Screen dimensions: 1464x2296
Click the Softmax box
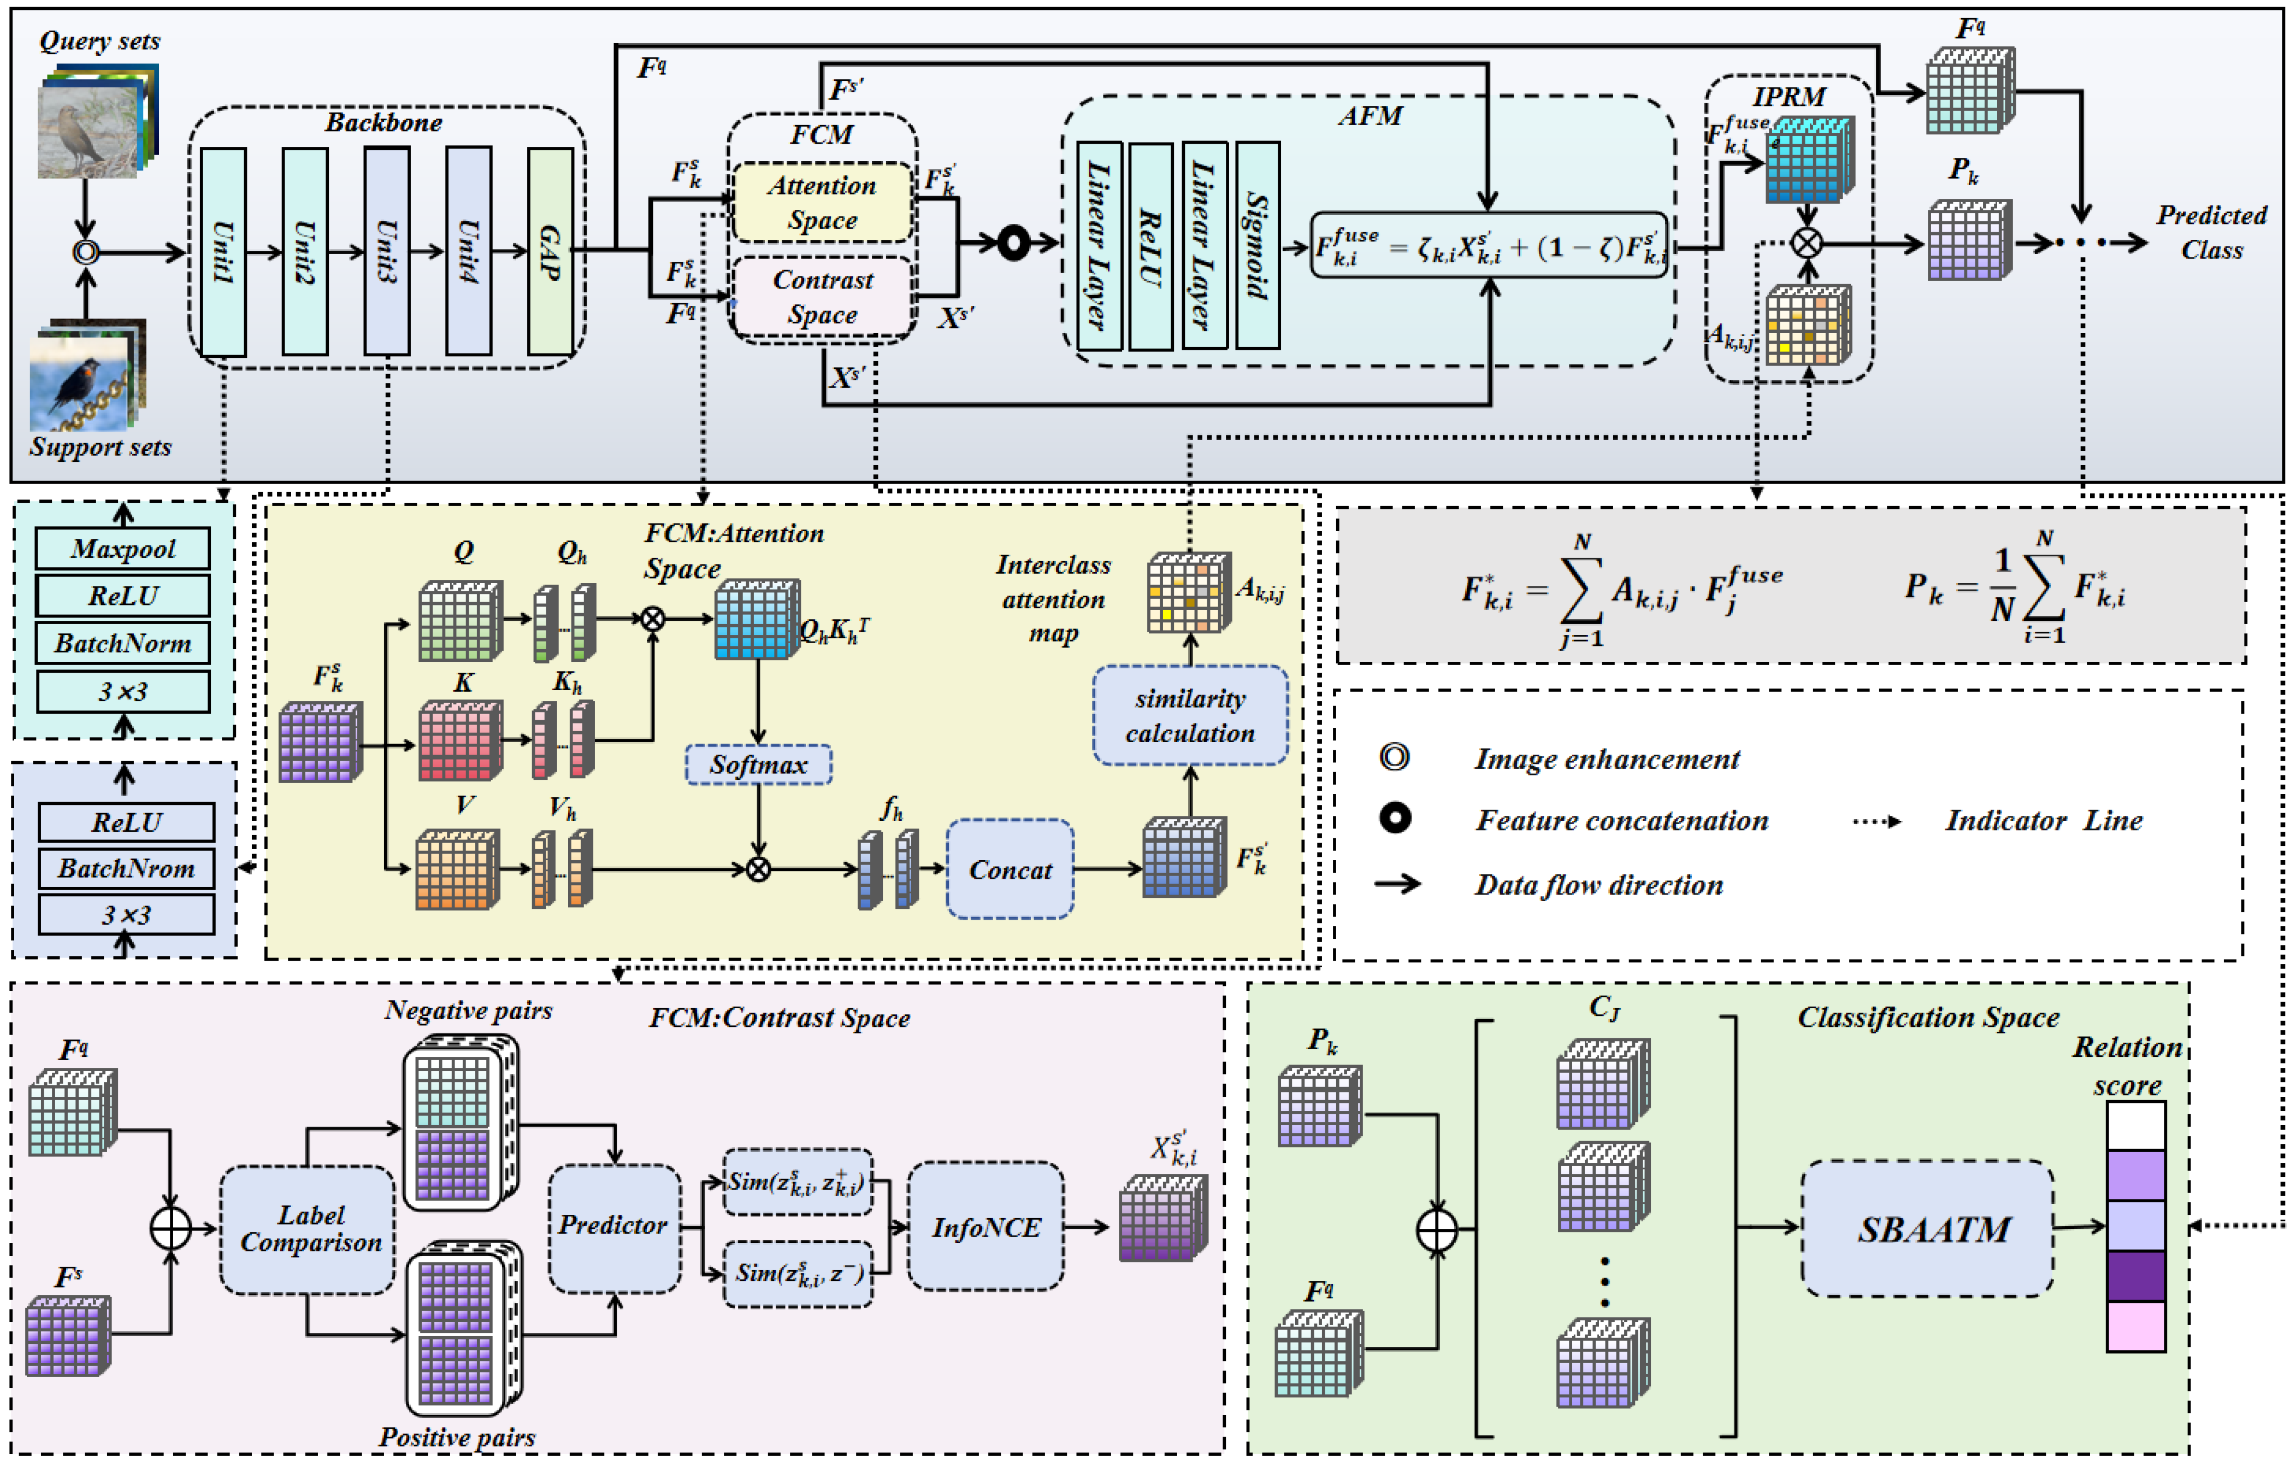tap(758, 765)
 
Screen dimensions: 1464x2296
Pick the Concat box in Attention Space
tap(1010, 869)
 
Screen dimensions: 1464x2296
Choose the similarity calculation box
tap(1190, 715)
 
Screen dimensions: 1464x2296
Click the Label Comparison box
tap(308, 1228)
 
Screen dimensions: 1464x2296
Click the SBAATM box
tap(1927, 1228)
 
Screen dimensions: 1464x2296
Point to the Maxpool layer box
tap(123, 549)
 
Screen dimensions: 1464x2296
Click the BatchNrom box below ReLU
tap(126, 868)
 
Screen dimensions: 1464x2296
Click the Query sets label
tap(99, 41)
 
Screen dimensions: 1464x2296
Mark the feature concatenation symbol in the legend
tap(1395, 818)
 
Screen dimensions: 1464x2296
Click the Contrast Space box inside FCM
tap(822, 297)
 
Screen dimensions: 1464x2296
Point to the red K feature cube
tap(459, 741)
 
